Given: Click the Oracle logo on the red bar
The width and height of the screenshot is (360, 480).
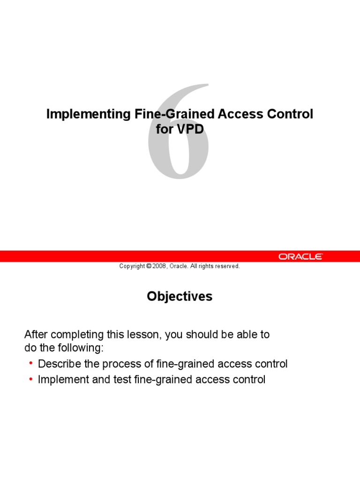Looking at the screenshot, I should click(x=300, y=256).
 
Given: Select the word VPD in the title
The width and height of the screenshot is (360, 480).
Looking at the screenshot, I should click(x=190, y=129).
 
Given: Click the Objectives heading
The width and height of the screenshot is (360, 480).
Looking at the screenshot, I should click(x=180, y=296).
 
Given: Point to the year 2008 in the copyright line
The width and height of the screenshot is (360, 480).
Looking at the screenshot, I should click(x=160, y=266).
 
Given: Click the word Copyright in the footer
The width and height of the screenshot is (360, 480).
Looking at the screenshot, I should click(x=132, y=266).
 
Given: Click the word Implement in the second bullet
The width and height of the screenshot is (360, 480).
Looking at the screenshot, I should click(x=59, y=379).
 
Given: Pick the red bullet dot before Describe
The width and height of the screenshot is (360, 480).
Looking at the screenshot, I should click(x=31, y=363).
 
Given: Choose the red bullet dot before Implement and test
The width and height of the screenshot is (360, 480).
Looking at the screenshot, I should click(x=31, y=379).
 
